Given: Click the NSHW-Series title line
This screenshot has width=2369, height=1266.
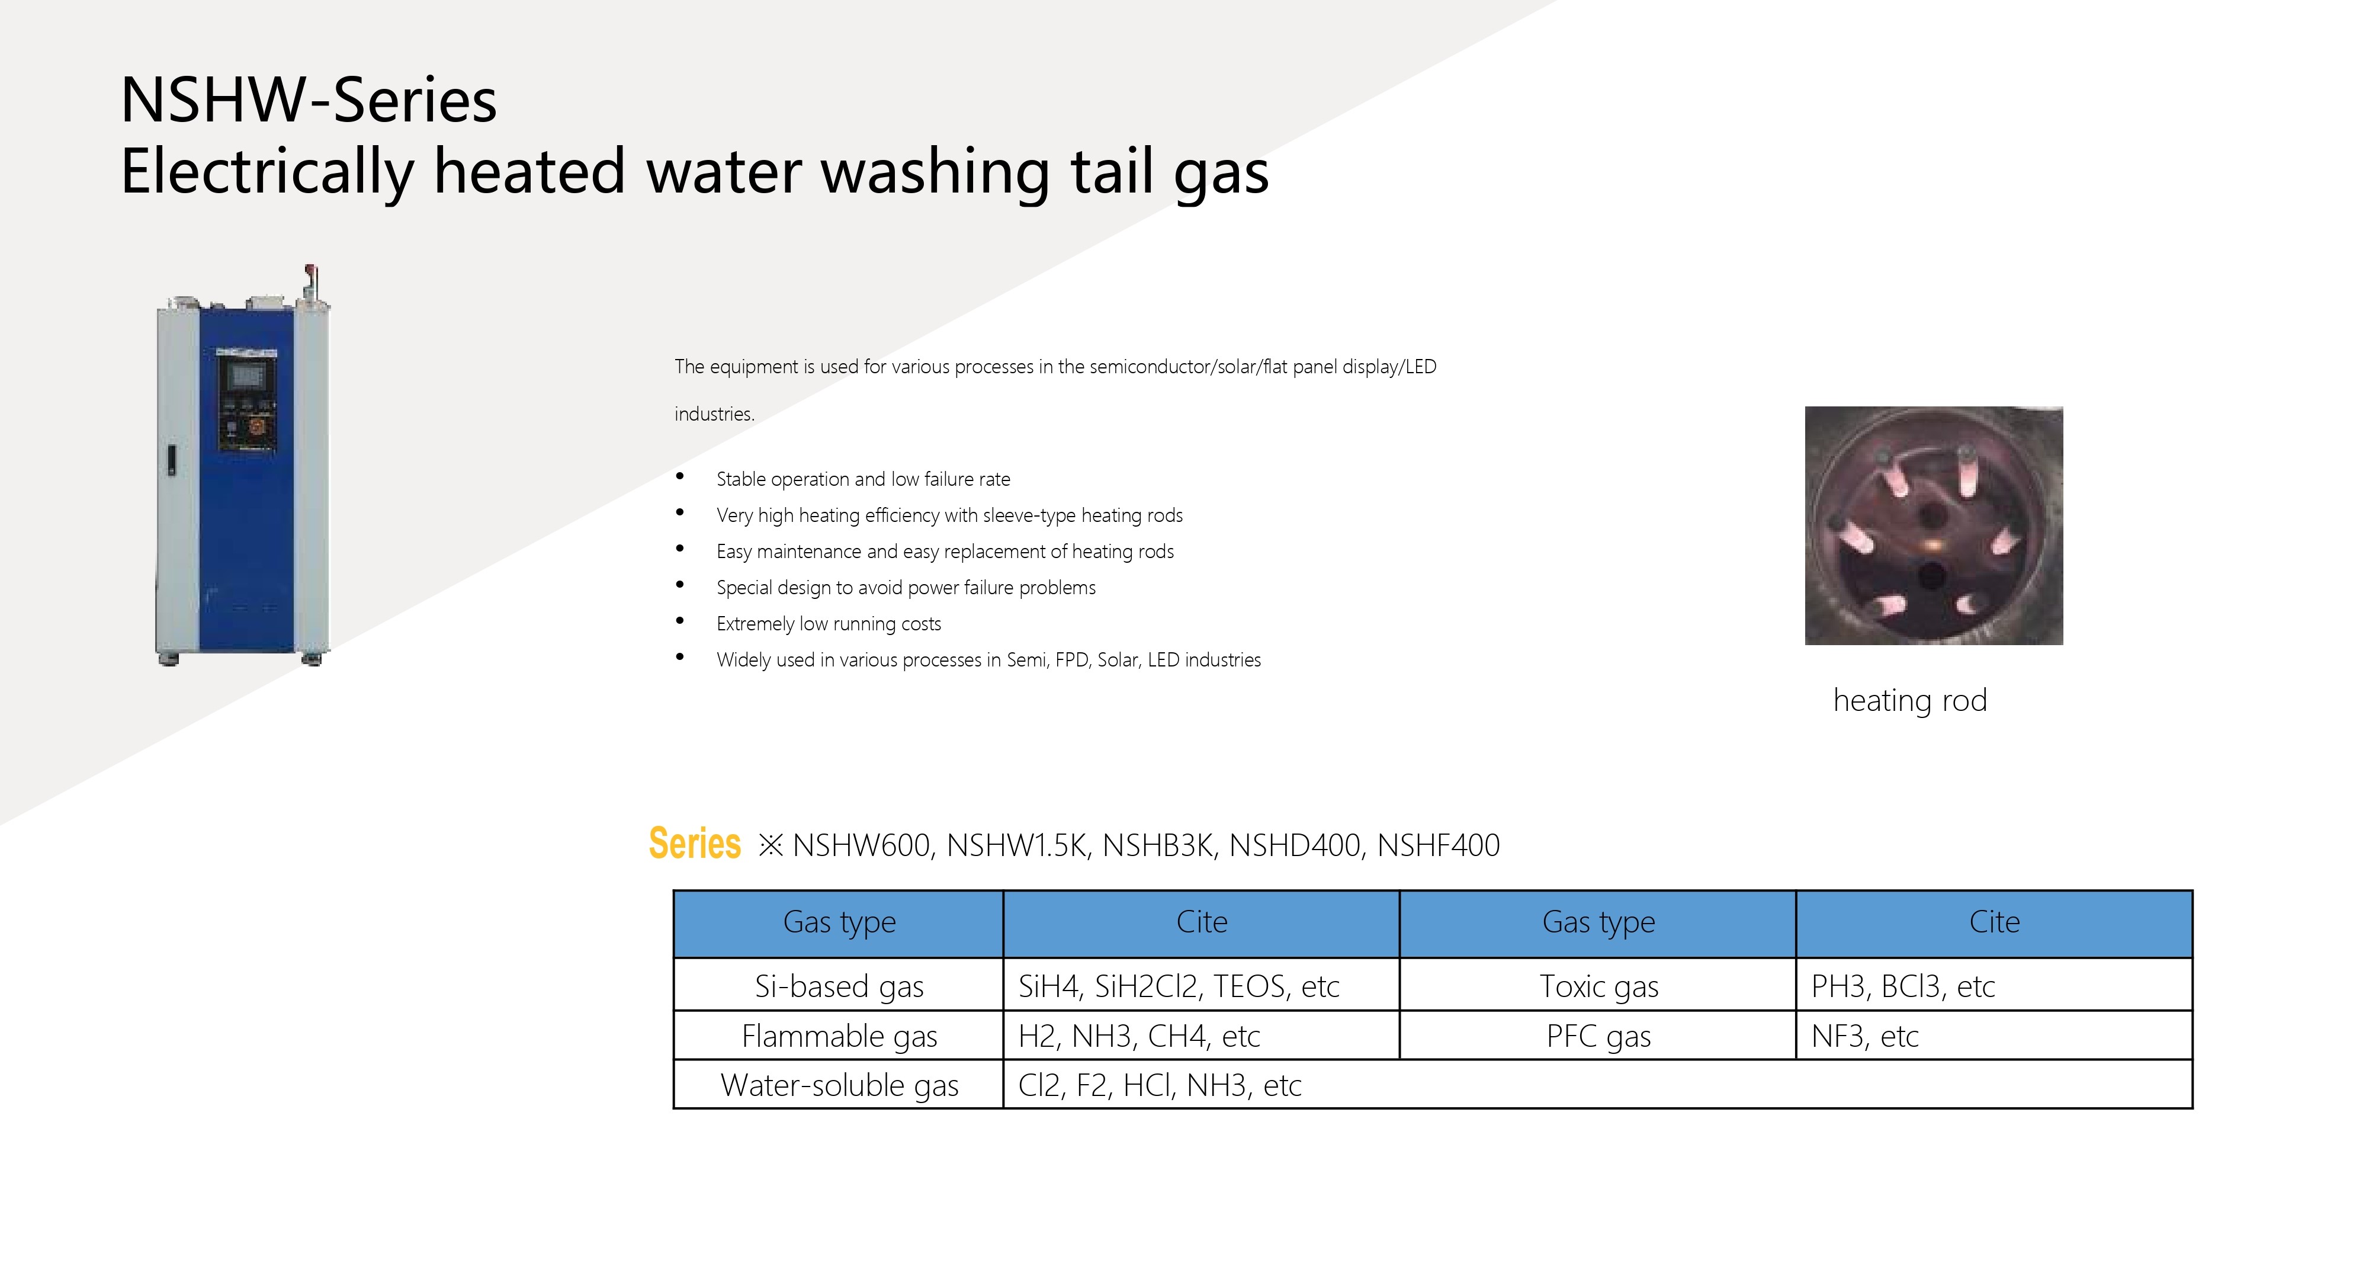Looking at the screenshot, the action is point(309,100).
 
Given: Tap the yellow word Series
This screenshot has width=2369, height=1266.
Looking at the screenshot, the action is point(694,844).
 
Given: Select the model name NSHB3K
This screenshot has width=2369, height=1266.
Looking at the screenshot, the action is point(1157,845).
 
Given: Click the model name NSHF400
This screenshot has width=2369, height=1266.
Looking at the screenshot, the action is point(1439,845).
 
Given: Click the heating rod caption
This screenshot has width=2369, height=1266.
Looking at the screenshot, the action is point(1910,701).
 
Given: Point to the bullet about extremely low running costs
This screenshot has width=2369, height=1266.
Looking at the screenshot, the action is point(829,624).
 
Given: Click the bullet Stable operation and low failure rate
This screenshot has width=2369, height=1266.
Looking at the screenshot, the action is point(863,479).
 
